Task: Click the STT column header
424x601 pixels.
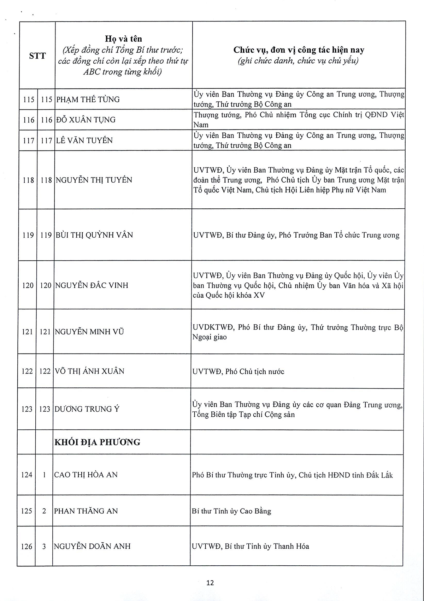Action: point(37,56)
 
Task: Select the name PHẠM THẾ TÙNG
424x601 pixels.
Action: point(88,100)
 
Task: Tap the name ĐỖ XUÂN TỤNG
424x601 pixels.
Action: point(86,120)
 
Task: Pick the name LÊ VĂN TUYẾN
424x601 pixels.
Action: point(84,141)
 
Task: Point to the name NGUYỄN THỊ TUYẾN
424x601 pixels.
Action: point(94,180)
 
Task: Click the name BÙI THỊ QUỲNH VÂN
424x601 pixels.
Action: point(94,235)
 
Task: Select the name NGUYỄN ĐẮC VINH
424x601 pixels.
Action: point(92,285)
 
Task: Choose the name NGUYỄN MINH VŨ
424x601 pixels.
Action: point(89,332)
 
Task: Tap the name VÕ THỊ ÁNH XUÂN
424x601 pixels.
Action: point(89,371)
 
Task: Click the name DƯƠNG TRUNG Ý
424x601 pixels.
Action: point(87,409)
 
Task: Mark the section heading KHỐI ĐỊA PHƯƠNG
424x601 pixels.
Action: point(97,442)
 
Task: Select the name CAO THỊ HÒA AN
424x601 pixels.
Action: point(86,475)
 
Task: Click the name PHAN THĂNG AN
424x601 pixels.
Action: point(86,511)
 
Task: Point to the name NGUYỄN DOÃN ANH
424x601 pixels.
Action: point(92,547)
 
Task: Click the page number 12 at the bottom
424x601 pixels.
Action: point(210,583)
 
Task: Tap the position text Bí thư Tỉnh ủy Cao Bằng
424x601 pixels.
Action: point(231,511)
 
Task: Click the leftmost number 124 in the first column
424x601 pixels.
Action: point(26,475)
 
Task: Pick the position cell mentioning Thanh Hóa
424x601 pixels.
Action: point(251,547)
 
